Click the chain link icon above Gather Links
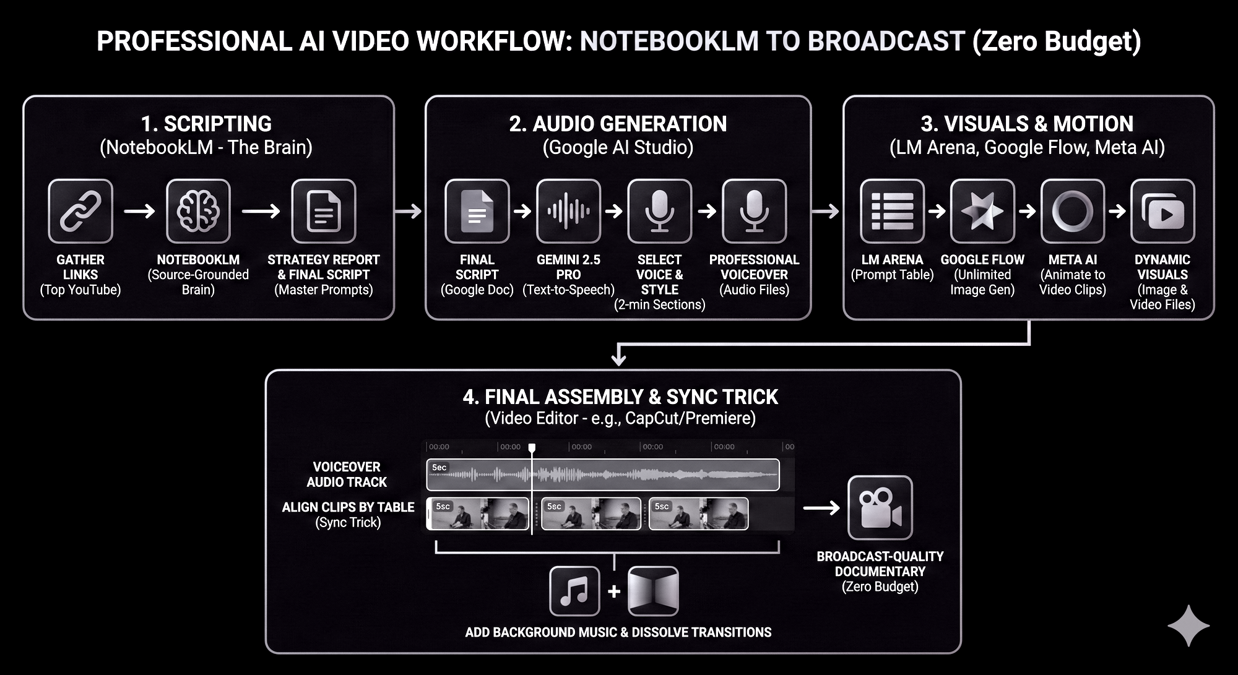[x=80, y=211]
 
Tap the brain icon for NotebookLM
[x=198, y=211]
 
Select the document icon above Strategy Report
[x=324, y=211]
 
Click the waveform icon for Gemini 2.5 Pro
[x=568, y=211]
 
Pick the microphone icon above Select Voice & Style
[x=659, y=211]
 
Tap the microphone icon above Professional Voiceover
[x=754, y=211]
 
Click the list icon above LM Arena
[x=892, y=211]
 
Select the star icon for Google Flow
[x=982, y=211]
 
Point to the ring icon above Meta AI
[x=1073, y=211]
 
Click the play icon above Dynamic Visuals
[x=1162, y=211]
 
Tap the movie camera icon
[x=880, y=507]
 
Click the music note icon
[x=574, y=591]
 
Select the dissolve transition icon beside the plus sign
[x=653, y=591]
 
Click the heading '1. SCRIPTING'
[x=206, y=124]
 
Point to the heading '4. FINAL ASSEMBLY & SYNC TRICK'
[x=620, y=397]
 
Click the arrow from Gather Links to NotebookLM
[x=139, y=211]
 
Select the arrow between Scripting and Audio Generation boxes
[x=409, y=211]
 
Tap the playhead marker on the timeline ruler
[x=532, y=447]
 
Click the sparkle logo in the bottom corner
[x=1188, y=626]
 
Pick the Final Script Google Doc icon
[x=477, y=211]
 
